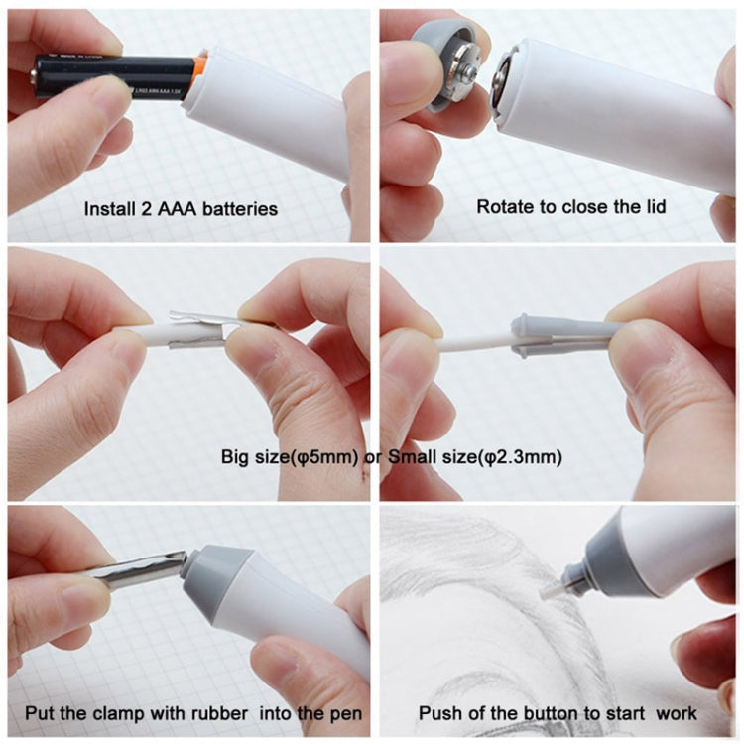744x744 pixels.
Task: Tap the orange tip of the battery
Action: point(198,67)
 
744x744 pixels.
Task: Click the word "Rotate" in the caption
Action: point(501,209)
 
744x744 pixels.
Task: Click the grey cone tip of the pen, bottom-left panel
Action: point(204,575)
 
